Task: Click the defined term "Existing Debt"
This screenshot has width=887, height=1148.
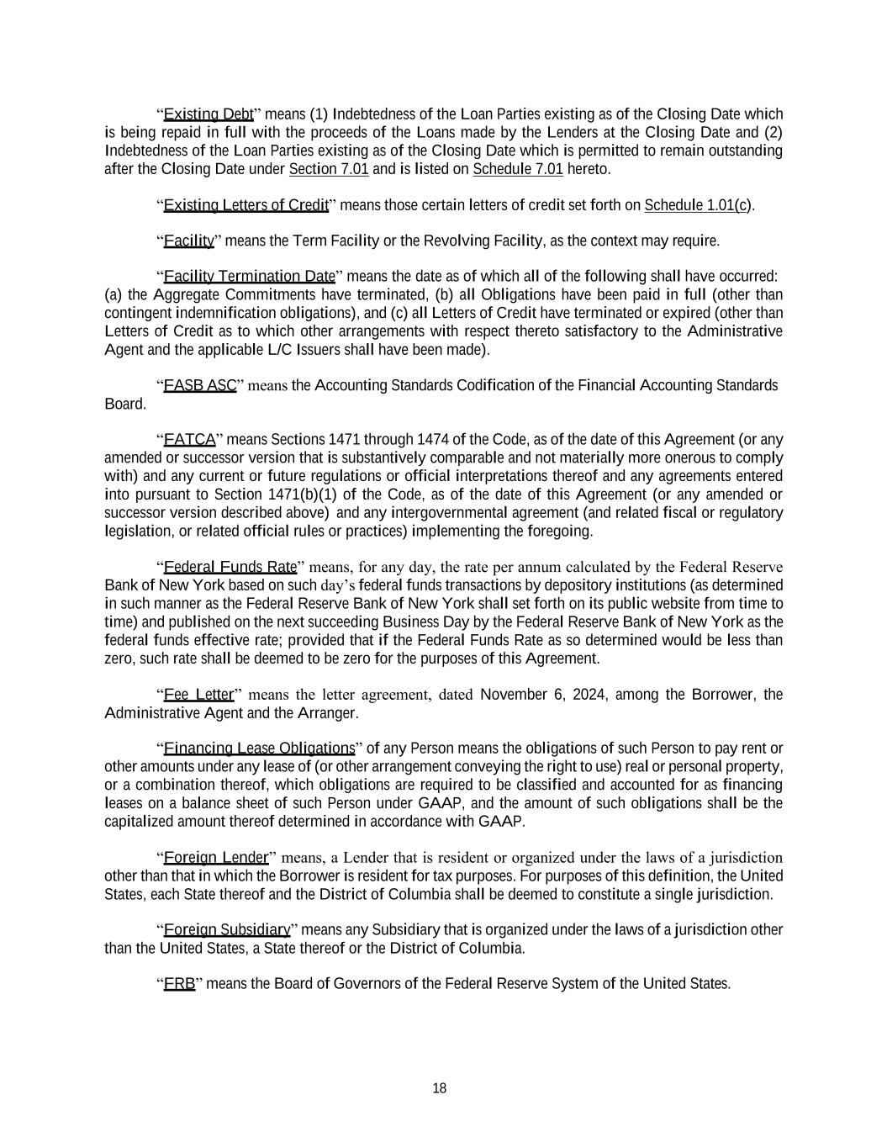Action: (209, 114)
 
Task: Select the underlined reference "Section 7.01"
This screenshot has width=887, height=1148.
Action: (329, 169)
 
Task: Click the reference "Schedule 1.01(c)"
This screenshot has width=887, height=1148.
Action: (698, 205)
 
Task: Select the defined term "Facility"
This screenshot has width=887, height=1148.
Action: (189, 241)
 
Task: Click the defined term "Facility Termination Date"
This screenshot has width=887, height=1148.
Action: (250, 277)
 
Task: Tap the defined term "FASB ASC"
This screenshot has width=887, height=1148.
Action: (200, 385)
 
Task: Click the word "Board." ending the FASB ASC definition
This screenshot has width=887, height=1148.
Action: (124, 404)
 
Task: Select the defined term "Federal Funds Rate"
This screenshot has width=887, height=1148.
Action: (230, 566)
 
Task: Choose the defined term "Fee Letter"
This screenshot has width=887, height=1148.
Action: (198, 695)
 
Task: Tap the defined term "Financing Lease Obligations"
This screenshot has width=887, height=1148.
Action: (259, 749)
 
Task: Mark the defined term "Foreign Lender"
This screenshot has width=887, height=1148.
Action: (216, 858)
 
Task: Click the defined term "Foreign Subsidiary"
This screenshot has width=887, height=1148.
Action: (227, 930)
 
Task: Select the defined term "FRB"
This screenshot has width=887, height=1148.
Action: (179, 984)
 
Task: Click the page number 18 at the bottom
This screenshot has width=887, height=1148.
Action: (440, 1088)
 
